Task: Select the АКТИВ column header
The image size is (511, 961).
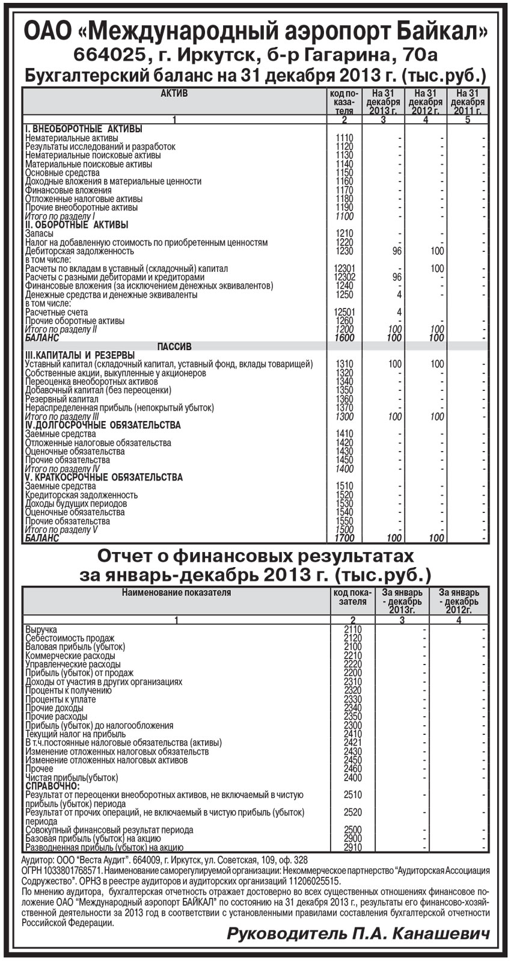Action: (174, 94)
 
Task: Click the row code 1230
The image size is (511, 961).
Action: (344, 251)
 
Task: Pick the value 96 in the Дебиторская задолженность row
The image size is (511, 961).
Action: (396, 251)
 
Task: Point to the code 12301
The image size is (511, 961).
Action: (344, 269)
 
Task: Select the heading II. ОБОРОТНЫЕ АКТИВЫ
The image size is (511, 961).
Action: (77, 225)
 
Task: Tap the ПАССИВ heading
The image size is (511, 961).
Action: (174, 347)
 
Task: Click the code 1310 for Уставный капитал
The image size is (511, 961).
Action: (344, 364)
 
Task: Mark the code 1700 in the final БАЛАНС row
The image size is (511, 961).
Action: (344, 538)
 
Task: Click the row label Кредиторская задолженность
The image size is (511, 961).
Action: (81, 495)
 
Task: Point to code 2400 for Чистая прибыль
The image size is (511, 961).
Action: (353, 778)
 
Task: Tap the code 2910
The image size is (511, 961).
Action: (353, 847)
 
